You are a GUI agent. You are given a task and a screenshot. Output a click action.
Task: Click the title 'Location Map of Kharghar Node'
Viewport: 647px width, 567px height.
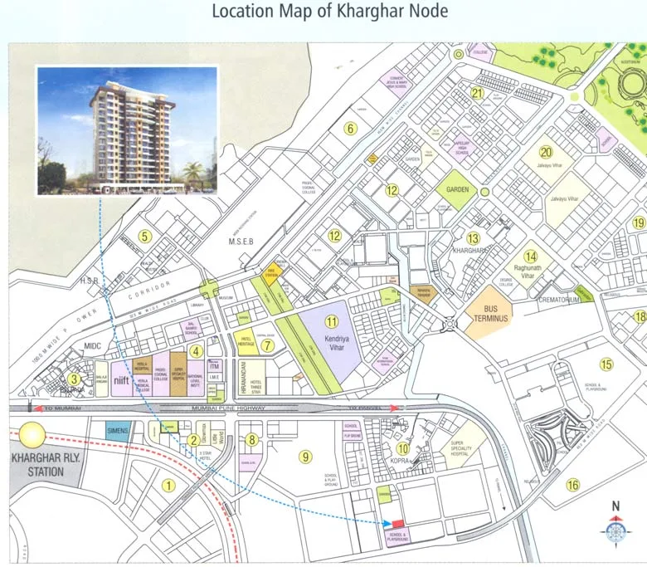tap(330, 12)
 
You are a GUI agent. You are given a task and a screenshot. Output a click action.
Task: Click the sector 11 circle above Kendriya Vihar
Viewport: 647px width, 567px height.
tap(333, 322)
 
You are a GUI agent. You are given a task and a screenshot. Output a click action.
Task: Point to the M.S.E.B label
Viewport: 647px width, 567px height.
tap(240, 241)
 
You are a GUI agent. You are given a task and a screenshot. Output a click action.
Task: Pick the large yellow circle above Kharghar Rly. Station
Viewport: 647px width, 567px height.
tap(34, 436)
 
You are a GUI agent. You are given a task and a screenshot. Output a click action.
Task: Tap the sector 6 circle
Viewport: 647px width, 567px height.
tap(351, 128)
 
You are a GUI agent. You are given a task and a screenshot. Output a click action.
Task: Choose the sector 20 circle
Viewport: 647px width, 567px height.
tap(545, 152)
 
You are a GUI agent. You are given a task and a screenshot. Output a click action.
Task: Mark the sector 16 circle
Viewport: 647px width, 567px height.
tap(572, 485)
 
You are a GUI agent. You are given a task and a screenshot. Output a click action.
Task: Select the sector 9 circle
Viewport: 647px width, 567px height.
tap(305, 456)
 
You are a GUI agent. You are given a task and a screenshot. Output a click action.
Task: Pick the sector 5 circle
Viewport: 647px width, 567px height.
tap(144, 237)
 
